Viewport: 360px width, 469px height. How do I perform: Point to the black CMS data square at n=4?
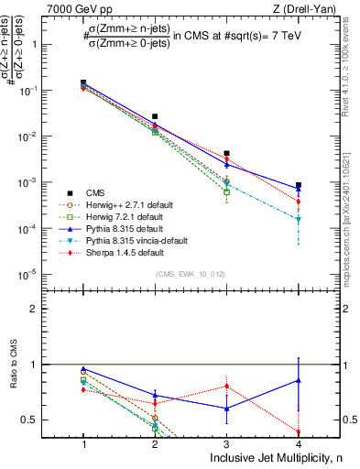tap(298, 185)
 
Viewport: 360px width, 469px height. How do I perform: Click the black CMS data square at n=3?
tap(226, 154)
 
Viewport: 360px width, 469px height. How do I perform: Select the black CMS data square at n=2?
tap(155, 117)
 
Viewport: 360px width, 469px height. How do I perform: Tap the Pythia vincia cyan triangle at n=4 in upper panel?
tap(298, 220)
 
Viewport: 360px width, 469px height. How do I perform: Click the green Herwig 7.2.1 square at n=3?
tap(226, 192)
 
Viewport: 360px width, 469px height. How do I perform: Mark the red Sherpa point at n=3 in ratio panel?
tap(226, 386)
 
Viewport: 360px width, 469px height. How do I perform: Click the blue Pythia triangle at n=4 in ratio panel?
tap(298, 379)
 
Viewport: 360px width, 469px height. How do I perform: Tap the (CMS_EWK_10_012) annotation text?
tap(191, 273)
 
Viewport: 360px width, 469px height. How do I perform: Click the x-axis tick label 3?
tap(226, 442)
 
